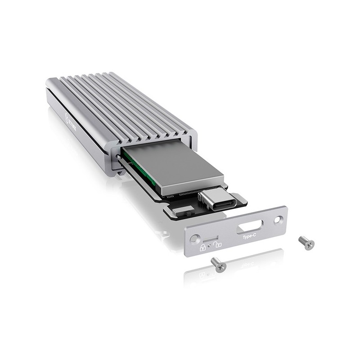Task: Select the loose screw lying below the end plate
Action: click(218, 264)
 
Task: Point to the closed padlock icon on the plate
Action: click(203, 247)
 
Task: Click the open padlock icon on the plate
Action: click(217, 244)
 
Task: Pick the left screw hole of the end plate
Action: click(193, 239)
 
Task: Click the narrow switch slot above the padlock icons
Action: click(211, 237)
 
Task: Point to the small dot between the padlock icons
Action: click(210, 247)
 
